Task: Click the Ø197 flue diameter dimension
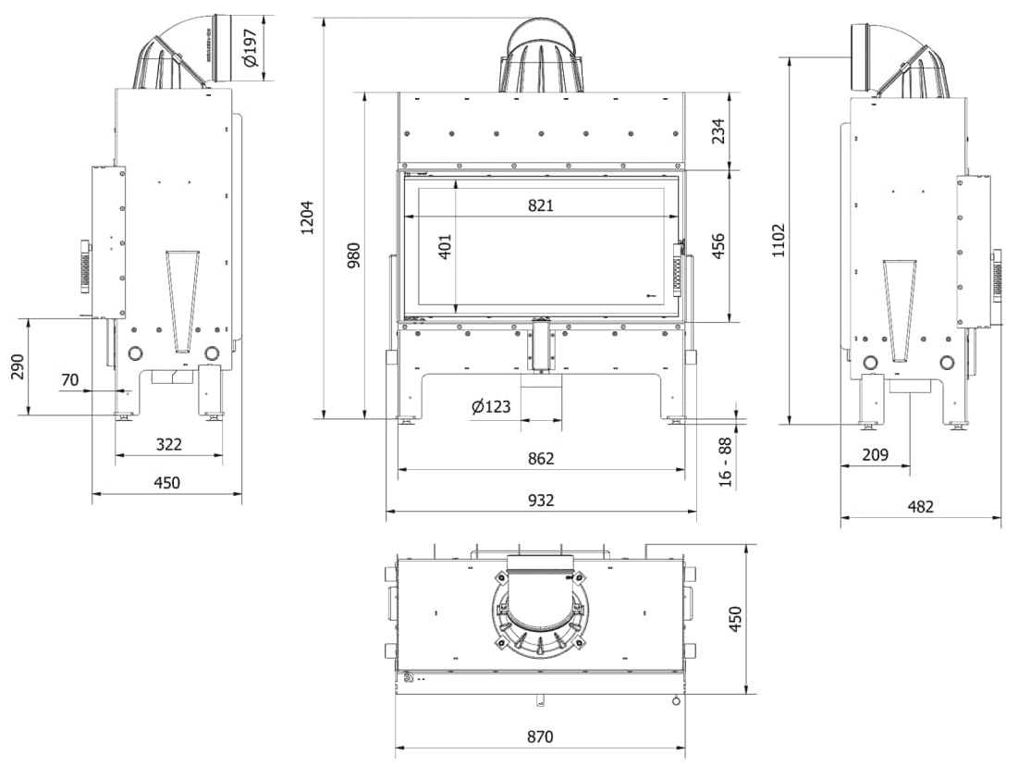pos(251,47)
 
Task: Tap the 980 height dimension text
pos(353,255)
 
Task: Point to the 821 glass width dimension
pos(541,205)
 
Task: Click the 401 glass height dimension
pos(446,247)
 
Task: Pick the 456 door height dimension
pos(718,246)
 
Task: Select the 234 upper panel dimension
pos(718,130)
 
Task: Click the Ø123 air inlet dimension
pos(492,406)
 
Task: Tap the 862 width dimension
pos(541,459)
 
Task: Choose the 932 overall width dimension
pos(541,500)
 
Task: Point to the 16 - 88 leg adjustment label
pos(725,462)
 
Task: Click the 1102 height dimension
pos(779,241)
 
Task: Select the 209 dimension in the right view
pos(876,454)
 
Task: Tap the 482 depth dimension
pos(921,507)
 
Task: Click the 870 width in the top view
pos(540,736)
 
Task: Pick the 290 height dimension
pos(18,366)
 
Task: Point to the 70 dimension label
pos(69,379)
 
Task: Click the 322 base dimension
pos(169,444)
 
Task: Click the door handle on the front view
pos(680,269)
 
